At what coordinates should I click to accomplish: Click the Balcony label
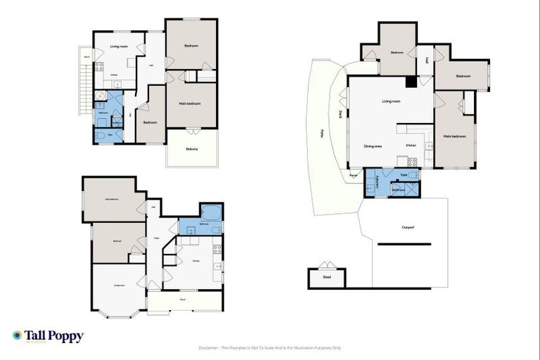pos(191,149)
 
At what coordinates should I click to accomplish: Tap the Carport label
pos(407,227)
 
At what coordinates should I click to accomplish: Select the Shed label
pos(326,278)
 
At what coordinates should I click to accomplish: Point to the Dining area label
pos(373,146)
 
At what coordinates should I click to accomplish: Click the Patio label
pos(322,131)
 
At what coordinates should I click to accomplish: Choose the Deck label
pos(340,115)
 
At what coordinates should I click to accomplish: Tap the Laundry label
pos(378,181)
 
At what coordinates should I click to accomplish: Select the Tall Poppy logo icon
pos(18,335)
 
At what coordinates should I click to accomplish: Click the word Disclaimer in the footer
pos(211,347)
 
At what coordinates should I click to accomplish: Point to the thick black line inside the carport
pos(404,244)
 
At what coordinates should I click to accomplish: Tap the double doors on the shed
pos(326,266)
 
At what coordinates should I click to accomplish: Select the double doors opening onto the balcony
pos(191,131)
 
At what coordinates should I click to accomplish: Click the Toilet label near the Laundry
pos(404,174)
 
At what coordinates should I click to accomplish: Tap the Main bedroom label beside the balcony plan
pos(189,104)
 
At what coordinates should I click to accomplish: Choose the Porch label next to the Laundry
pos(354,175)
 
